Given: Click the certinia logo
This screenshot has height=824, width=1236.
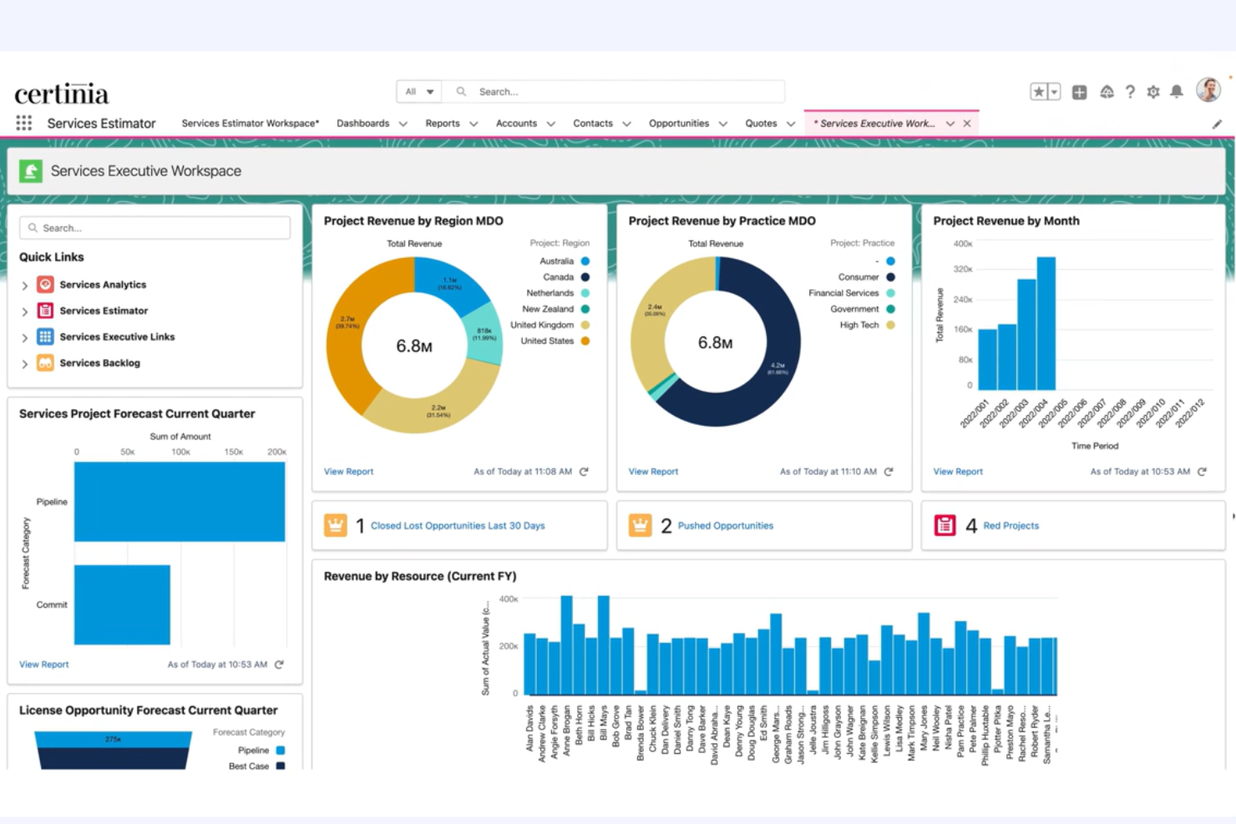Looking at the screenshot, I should [62, 93].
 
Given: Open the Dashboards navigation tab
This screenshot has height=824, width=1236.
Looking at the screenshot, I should [363, 124].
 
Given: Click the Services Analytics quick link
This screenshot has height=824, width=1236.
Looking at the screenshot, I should [102, 285].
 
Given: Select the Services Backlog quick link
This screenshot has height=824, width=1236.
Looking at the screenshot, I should [99, 363].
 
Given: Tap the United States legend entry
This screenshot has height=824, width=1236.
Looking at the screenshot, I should [547, 341].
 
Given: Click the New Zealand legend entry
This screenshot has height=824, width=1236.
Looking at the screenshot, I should [548, 309].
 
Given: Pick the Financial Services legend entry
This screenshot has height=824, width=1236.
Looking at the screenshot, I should [843, 293].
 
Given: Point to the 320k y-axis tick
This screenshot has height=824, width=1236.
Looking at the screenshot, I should [962, 270].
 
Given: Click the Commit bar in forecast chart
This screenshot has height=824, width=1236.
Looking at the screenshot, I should [122, 604].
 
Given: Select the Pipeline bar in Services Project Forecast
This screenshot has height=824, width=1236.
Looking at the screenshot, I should [180, 502].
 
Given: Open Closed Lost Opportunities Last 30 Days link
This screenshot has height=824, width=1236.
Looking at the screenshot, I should [458, 526].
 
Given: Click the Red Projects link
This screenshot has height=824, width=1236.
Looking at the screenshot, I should [1011, 526].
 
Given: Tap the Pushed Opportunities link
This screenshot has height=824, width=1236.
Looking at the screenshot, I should [725, 526].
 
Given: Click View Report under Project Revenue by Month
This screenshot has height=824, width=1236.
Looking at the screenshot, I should [958, 472].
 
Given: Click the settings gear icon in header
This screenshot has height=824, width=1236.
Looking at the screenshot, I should [1153, 92].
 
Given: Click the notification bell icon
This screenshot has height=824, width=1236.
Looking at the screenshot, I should [1177, 92].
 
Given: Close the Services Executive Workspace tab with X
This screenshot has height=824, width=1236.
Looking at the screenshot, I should [967, 124].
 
